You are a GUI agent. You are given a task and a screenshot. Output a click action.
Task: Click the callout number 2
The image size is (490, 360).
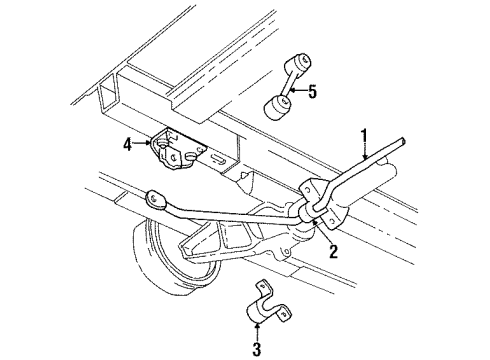(x=334, y=253)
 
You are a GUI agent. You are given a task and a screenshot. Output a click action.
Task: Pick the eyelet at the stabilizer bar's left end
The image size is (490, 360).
(x=155, y=198)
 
